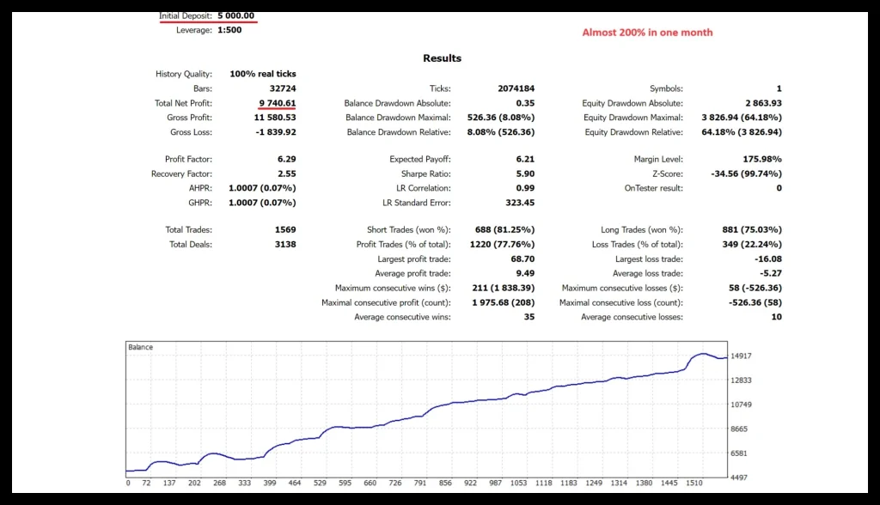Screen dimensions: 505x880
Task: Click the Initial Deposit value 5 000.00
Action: pyautogui.click(x=236, y=15)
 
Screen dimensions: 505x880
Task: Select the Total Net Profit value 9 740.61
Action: pyautogui.click(x=278, y=103)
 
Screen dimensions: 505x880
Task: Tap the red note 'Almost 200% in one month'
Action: pyautogui.click(x=647, y=33)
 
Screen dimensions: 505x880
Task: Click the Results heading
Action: pyautogui.click(x=442, y=58)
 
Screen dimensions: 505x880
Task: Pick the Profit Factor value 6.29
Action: pyautogui.click(x=286, y=159)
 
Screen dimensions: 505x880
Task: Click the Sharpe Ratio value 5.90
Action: pyautogui.click(x=524, y=173)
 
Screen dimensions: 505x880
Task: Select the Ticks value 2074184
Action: pyautogui.click(x=516, y=88)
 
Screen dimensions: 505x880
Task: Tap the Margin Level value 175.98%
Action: pyautogui.click(x=761, y=159)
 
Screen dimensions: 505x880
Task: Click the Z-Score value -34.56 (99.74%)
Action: pyautogui.click(x=747, y=173)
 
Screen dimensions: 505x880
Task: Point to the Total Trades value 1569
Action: pyautogui.click(x=284, y=229)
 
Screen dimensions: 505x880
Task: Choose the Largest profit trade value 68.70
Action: pyautogui.click(x=522, y=259)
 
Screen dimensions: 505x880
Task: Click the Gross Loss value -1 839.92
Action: pyautogui.click(x=275, y=132)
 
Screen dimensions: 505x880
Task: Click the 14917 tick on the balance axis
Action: pyautogui.click(x=740, y=356)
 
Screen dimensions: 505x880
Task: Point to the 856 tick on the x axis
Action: pyautogui.click(x=444, y=483)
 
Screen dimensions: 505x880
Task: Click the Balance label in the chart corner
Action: pyautogui.click(x=141, y=347)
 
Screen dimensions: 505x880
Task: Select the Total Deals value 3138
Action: pyautogui.click(x=284, y=244)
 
